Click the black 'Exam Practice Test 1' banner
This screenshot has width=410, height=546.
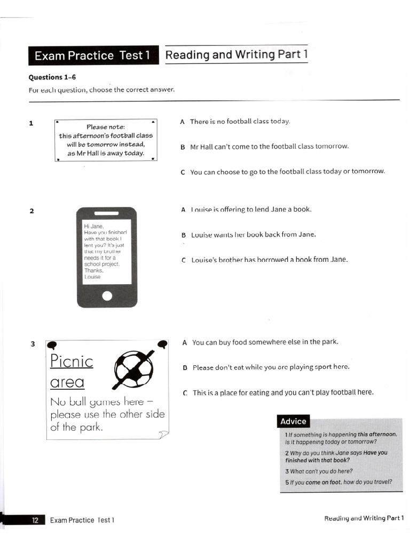pos(93,55)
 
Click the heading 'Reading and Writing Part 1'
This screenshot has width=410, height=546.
pos(236,54)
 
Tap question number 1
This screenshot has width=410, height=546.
pos(31,123)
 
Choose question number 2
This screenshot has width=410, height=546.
pos(31,211)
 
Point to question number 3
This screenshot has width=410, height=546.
pos(32,344)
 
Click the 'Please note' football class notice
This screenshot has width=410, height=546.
pos(106,140)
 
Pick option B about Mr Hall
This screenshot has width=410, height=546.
pos(269,147)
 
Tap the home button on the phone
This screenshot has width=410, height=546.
pos(107,296)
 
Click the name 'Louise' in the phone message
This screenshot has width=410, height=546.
pos(92,277)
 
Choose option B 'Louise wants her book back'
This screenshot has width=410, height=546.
pos(253,235)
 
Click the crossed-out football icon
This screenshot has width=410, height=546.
pos(133,368)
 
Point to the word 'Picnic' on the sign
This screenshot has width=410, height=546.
pos(72,362)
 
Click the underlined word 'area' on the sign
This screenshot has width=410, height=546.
pos(67,382)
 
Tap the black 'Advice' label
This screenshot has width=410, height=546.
pos(293,421)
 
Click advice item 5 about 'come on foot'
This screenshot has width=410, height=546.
pos(338,482)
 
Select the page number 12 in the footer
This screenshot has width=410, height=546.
pos(35,520)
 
